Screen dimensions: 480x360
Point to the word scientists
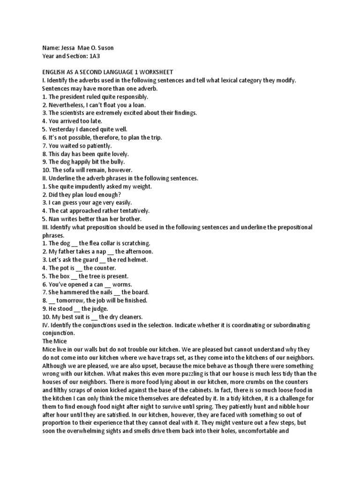(78, 113)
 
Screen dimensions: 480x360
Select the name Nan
(54, 218)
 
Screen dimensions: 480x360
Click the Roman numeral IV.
(45, 325)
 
